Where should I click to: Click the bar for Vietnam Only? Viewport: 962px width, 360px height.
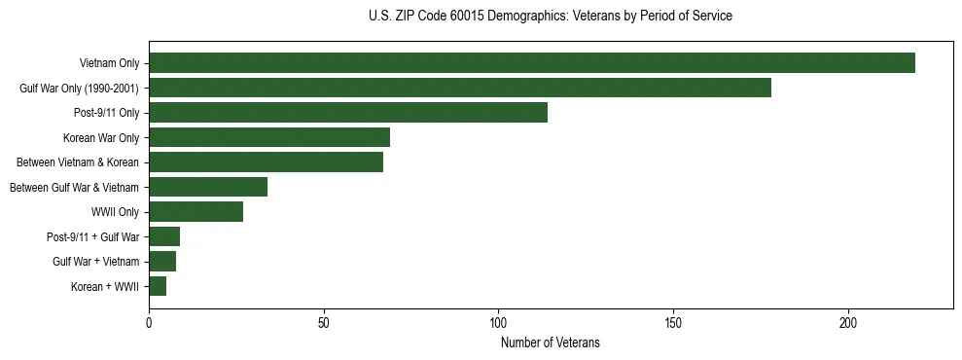532,63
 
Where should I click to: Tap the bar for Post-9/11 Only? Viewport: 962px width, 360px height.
348,113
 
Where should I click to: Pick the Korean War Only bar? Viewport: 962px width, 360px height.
269,137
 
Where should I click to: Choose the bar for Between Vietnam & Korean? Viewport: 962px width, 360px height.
266,162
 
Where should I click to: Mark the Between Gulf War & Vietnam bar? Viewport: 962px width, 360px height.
208,187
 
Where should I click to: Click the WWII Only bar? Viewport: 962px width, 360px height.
196,212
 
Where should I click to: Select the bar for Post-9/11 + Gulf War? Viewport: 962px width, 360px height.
164,236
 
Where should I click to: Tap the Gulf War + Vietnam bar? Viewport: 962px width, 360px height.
162,262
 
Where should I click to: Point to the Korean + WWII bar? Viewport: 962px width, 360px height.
158,286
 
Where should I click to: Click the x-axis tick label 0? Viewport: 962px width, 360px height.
149,322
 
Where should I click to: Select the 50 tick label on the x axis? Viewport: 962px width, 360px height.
324,322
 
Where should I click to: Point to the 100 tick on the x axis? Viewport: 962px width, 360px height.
498,322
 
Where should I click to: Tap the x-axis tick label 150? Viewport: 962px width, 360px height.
673,322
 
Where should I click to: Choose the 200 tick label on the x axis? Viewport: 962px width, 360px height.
848,322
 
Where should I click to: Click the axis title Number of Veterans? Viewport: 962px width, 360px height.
551,342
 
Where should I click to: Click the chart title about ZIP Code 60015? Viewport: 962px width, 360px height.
551,17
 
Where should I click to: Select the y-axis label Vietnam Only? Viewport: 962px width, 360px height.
109,63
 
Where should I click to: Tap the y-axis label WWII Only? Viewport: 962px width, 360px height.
114,212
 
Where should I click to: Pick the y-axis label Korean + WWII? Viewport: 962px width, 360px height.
105,286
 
